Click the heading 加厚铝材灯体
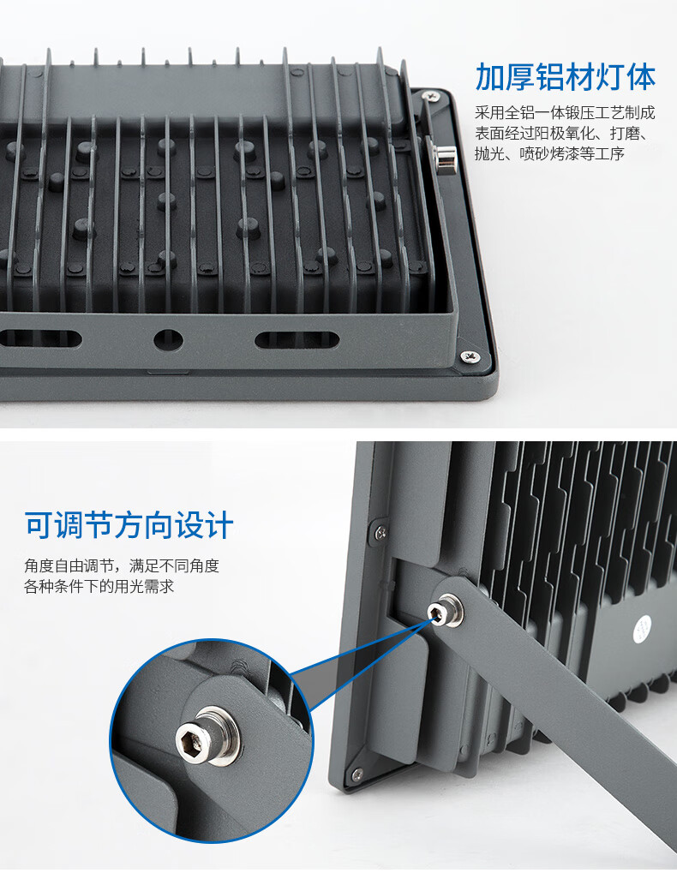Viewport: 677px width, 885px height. click(x=566, y=77)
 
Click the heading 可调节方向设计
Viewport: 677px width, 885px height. click(x=129, y=525)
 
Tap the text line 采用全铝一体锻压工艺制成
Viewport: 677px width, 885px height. click(x=565, y=113)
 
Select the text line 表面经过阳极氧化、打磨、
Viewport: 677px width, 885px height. click(x=561, y=133)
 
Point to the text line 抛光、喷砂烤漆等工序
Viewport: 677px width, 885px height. click(x=549, y=153)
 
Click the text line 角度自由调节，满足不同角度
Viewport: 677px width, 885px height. click(x=122, y=565)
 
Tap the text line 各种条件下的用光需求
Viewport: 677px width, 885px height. click(x=99, y=586)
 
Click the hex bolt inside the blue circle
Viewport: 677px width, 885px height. click(x=207, y=736)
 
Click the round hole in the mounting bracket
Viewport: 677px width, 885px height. click(x=168, y=340)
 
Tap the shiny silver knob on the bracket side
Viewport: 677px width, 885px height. click(x=445, y=156)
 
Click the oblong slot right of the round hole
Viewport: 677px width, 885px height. click(x=297, y=340)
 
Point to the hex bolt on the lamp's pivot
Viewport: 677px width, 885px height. click(x=444, y=610)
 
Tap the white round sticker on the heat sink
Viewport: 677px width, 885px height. click(x=643, y=630)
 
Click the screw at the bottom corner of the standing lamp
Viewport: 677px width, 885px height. click(x=356, y=774)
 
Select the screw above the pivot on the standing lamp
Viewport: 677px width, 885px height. click(x=380, y=531)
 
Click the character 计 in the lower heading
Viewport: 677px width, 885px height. click(x=219, y=525)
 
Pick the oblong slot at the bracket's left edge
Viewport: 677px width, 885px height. click(x=40, y=339)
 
